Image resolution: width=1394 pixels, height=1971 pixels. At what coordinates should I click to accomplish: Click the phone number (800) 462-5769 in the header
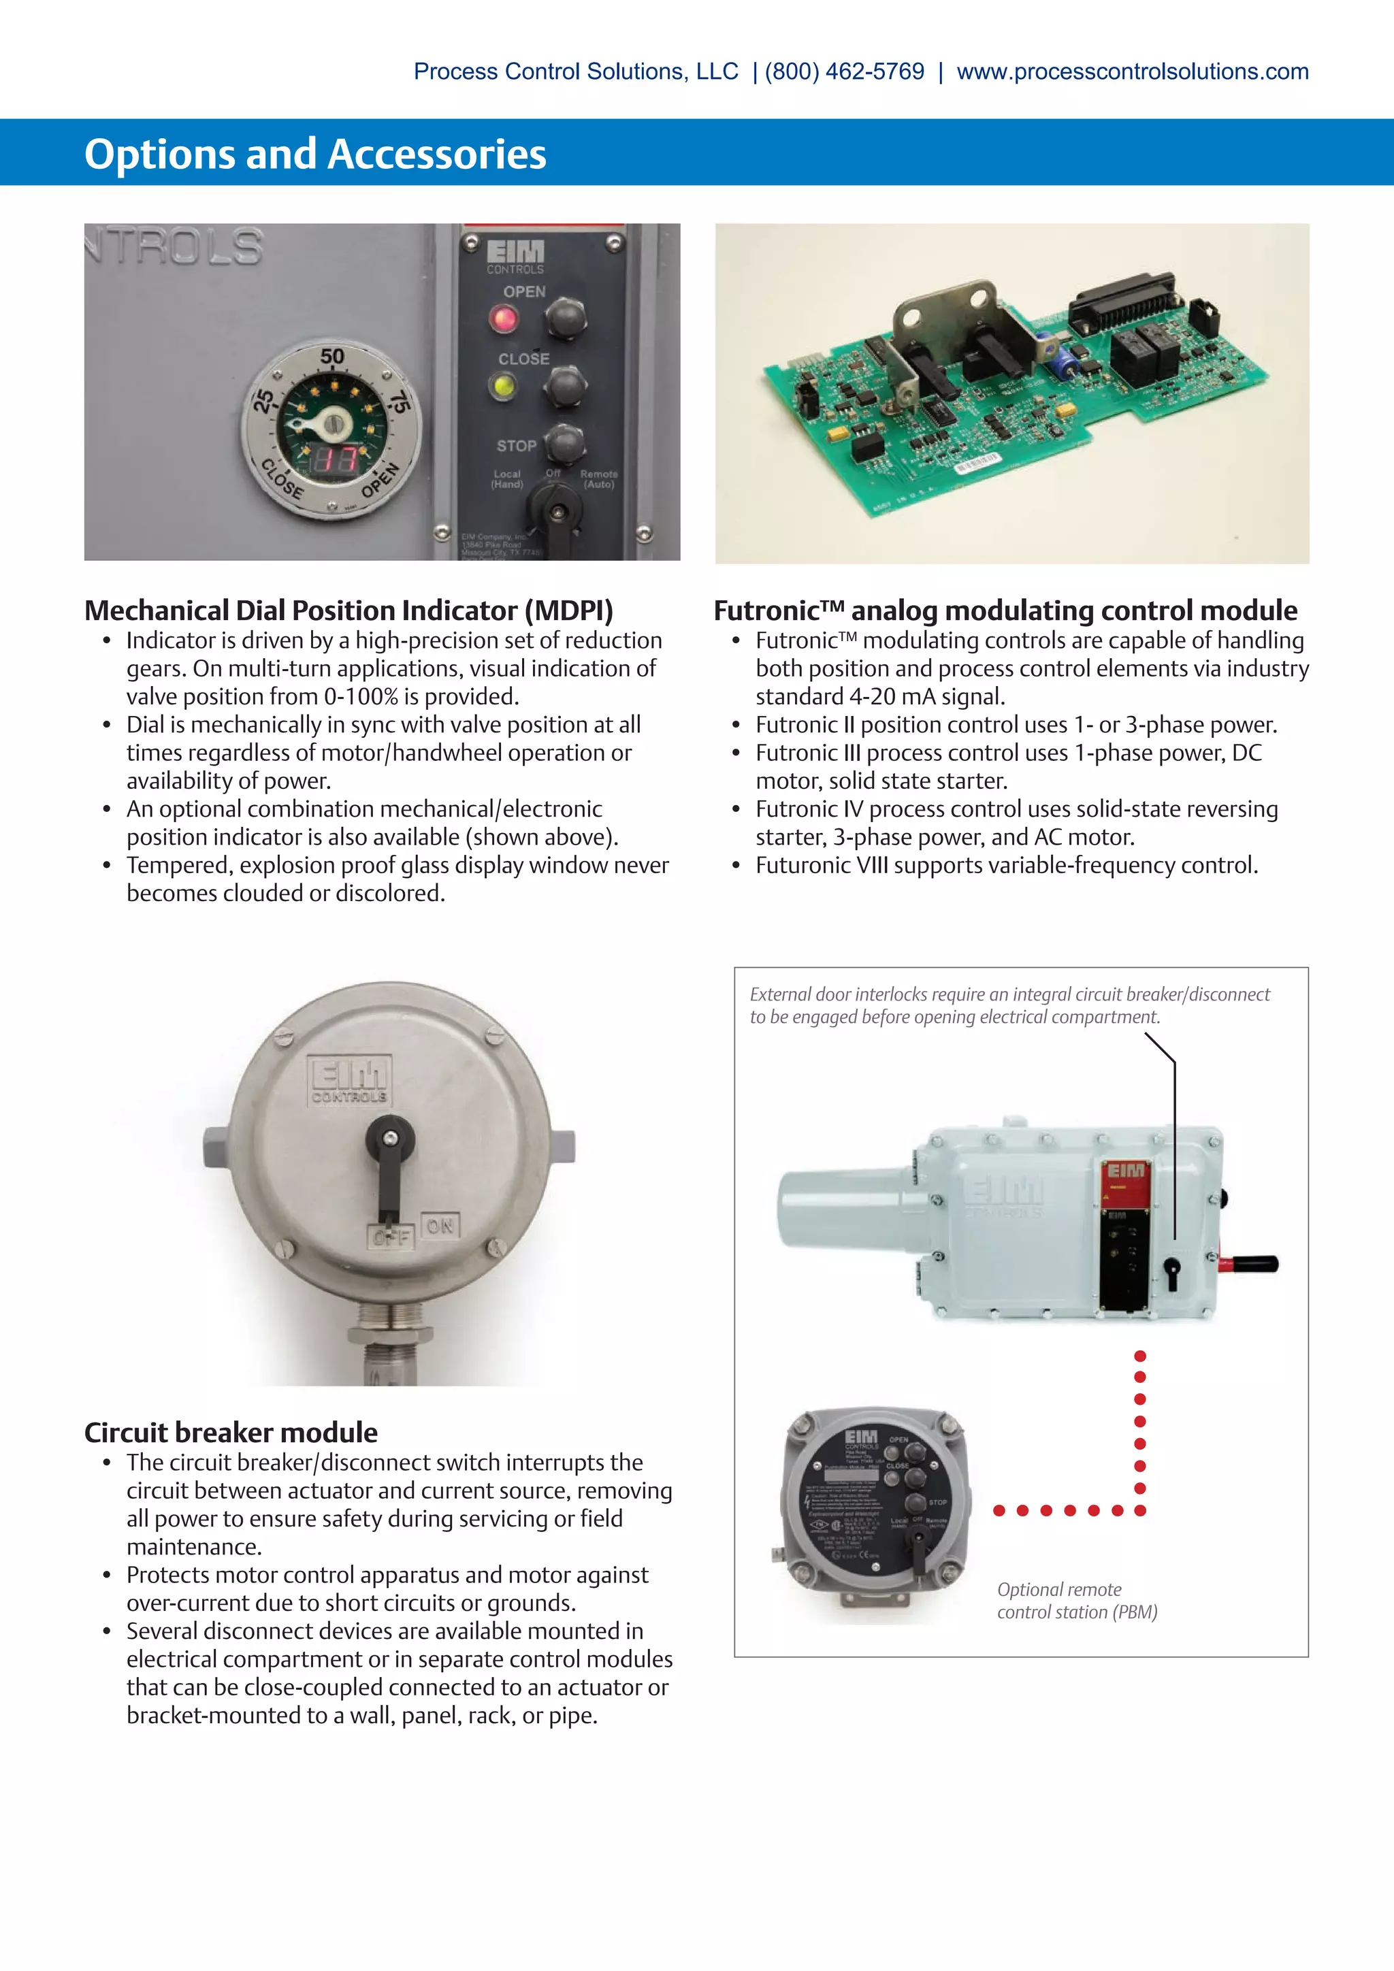(844, 71)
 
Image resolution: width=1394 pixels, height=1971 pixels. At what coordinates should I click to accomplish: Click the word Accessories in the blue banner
(437, 154)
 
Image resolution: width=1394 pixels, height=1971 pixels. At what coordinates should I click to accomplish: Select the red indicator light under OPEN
(503, 319)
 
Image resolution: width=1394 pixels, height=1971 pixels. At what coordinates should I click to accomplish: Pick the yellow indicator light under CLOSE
(503, 385)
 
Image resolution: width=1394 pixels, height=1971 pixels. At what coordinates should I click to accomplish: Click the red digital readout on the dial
(334, 459)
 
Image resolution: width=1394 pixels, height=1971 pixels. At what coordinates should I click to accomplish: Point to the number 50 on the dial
(332, 356)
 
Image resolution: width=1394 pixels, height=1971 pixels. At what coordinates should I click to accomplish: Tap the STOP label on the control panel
(516, 446)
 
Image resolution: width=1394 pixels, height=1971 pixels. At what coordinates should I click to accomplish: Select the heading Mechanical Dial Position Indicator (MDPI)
(348, 610)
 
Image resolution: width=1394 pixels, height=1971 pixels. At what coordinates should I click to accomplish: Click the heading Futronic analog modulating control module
(1005, 610)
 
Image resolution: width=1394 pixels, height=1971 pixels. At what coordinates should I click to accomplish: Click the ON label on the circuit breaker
(440, 1226)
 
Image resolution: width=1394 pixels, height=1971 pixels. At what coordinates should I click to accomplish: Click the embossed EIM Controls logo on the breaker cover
(349, 1080)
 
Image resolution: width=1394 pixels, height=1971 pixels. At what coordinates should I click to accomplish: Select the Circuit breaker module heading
(231, 1432)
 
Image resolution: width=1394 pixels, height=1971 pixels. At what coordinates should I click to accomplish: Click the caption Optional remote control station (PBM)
(1076, 1601)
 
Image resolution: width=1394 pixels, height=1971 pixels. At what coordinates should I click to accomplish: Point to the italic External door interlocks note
(1009, 1005)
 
